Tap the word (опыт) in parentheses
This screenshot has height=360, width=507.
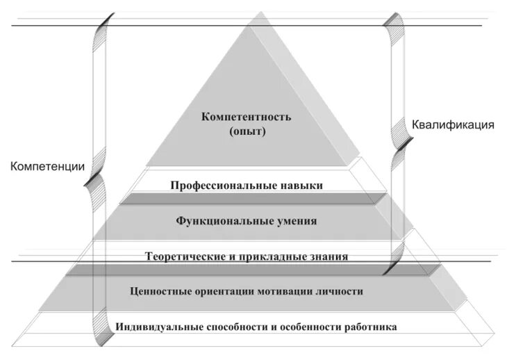247,130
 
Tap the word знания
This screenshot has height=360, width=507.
327,256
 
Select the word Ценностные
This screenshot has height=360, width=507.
160,291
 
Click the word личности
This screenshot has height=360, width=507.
338,291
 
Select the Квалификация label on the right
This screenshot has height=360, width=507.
453,125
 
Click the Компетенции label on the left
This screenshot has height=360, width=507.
47,167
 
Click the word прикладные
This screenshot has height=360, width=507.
267,256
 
